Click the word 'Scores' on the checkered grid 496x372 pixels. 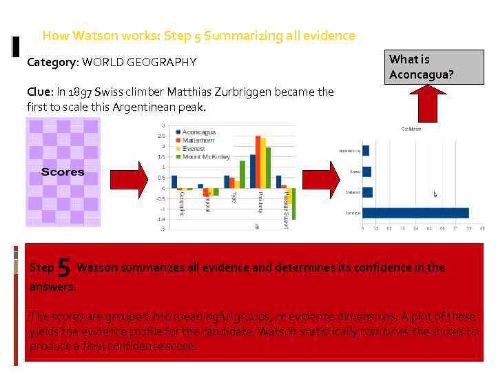pos(63,172)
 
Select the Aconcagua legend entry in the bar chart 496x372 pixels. pos(200,132)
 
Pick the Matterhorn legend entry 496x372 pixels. pos(199,140)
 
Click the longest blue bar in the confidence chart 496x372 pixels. pos(415,213)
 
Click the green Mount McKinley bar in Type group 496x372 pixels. pos(242,174)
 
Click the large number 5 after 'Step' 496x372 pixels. pos(64,267)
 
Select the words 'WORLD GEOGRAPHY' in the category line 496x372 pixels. pos(139,63)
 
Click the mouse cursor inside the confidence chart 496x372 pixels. pos(435,195)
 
